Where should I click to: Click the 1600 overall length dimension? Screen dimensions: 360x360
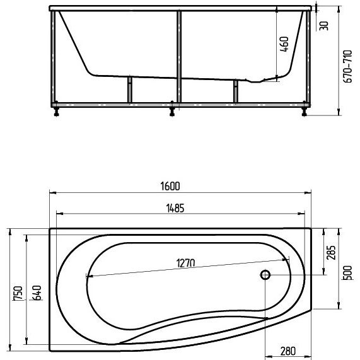(170, 186)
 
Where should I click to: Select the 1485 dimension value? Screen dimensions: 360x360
(175, 208)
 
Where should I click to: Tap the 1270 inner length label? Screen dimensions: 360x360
(185, 263)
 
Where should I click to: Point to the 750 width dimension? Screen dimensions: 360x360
(18, 293)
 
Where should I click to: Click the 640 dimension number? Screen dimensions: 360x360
(37, 293)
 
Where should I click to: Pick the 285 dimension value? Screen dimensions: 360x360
(331, 253)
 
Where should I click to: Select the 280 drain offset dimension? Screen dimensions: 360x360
(288, 351)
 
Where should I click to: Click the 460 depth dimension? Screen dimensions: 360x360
(284, 44)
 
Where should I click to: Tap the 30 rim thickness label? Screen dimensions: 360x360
(324, 26)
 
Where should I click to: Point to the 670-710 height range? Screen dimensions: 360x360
(347, 67)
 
